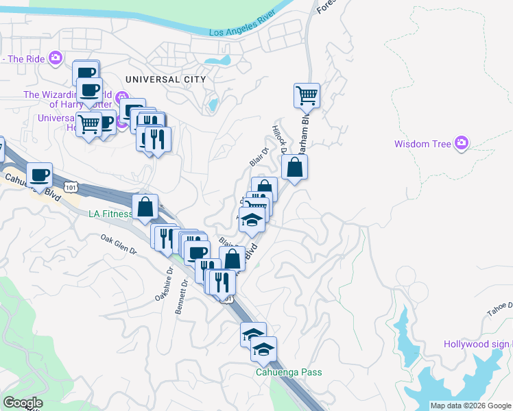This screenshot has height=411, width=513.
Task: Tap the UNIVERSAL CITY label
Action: point(165,79)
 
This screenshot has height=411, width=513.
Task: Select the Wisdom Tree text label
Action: point(422,144)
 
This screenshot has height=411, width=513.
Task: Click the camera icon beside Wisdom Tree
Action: point(461,143)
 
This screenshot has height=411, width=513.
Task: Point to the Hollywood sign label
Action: point(477,344)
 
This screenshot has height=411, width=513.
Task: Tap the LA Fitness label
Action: point(110,214)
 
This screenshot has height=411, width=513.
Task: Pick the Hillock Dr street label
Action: point(278,140)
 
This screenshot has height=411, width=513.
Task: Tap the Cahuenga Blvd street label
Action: point(32,186)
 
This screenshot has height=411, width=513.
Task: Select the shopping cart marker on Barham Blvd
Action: point(306,95)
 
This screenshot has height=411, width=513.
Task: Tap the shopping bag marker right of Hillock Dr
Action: point(294,167)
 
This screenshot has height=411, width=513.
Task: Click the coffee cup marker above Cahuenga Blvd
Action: point(39,175)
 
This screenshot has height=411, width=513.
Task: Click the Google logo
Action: point(23,403)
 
